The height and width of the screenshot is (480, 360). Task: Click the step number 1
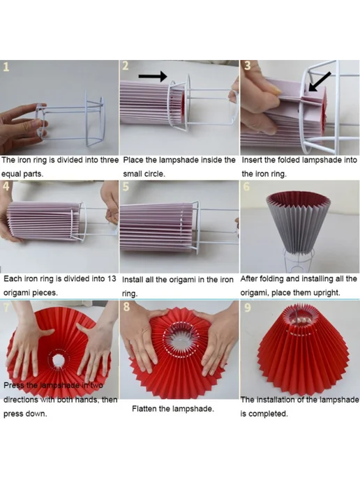coord(6,67)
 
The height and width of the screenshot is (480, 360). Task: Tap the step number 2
coord(126,66)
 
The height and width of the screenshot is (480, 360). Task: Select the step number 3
coord(248,66)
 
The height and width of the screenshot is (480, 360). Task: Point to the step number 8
coord(126,306)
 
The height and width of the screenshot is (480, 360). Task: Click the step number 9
coord(248,307)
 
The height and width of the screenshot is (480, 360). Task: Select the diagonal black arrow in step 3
coord(320,82)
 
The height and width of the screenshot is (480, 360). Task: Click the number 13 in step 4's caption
coord(112,279)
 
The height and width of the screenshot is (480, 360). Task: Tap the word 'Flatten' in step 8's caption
coord(144,409)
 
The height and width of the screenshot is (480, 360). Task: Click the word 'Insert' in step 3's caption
coord(251,160)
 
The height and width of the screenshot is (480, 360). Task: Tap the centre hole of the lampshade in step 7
coord(57,360)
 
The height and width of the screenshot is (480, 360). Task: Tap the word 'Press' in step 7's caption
coord(13,385)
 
